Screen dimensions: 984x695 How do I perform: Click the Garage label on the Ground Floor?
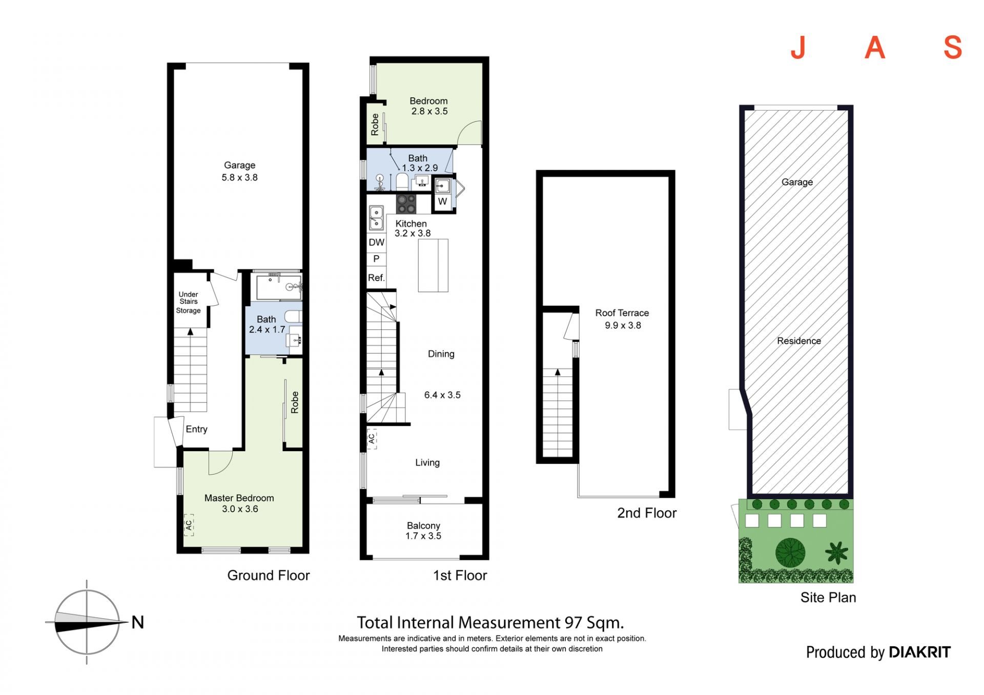[239, 165]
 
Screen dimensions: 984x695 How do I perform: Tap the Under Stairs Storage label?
[189, 302]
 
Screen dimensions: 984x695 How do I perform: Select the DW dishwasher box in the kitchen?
[376, 242]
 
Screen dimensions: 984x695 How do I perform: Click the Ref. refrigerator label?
[376, 278]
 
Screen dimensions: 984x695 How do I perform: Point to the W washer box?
[443, 201]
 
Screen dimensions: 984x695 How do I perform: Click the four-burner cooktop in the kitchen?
[406, 204]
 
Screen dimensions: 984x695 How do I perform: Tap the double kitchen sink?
[376, 218]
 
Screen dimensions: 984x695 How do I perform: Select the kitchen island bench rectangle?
[433, 265]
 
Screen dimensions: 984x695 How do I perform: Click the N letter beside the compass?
[137, 622]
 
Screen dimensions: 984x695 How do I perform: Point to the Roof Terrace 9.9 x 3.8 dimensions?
[623, 325]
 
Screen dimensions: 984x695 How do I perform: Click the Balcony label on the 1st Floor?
[423, 525]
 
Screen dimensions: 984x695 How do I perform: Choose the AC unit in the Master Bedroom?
[189, 525]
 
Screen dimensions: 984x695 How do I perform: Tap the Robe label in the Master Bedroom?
[295, 403]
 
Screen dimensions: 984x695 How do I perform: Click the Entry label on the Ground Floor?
[196, 429]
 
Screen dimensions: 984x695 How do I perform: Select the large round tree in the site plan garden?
[790, 553]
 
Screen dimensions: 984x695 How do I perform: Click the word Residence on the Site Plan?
[799, 341]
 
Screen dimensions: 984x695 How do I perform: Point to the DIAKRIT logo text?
[920, 652]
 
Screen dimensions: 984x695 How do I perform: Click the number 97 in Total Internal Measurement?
[573, 622]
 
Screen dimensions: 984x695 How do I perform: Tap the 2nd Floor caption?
[647, 513]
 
